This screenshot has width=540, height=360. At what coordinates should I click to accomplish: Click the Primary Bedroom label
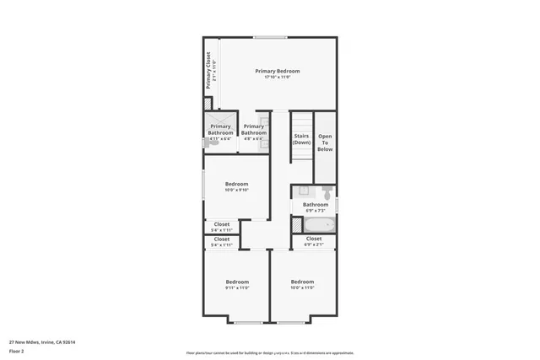pyautogui.click(x=278, y=71)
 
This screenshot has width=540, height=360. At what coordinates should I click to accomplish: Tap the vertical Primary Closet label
pyautogui.click(x=208, y=71)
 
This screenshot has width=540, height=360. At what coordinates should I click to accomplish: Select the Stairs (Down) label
pyautogui.click(x=302, y=139)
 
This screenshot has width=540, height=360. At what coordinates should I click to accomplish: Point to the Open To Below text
pyautogui.click(x=325, y=142)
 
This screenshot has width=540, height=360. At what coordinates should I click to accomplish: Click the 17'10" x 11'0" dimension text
pyautogui.click(x=278, y=78)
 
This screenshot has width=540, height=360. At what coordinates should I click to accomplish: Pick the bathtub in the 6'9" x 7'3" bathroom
pyautogui.click(x=319, y=225)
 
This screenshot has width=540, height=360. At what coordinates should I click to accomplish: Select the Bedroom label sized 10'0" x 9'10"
pyautogui.click(x=237, y=184)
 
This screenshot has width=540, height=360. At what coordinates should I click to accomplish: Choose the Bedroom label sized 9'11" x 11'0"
pyautogui.click(x=237, y=282)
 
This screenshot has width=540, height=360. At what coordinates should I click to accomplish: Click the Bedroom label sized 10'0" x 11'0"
pyautogui.click(x=302, y=282)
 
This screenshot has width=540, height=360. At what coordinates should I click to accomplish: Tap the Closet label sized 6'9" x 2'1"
pyautogui.click(x=313, y=239)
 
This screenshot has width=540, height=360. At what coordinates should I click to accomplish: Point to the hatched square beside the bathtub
pyautogui.click(x=296, y=225)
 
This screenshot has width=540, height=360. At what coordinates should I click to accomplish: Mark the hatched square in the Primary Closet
pyautogui.click(x=208, y=103)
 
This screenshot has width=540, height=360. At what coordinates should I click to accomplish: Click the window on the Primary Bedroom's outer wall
pyautogui.click(x=269, y=36)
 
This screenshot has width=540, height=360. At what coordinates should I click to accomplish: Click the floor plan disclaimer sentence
pyautogui.click(x=270, y=353)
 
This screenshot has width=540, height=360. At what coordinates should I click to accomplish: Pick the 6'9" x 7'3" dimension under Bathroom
pyautogui.click(x=316, y=210)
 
